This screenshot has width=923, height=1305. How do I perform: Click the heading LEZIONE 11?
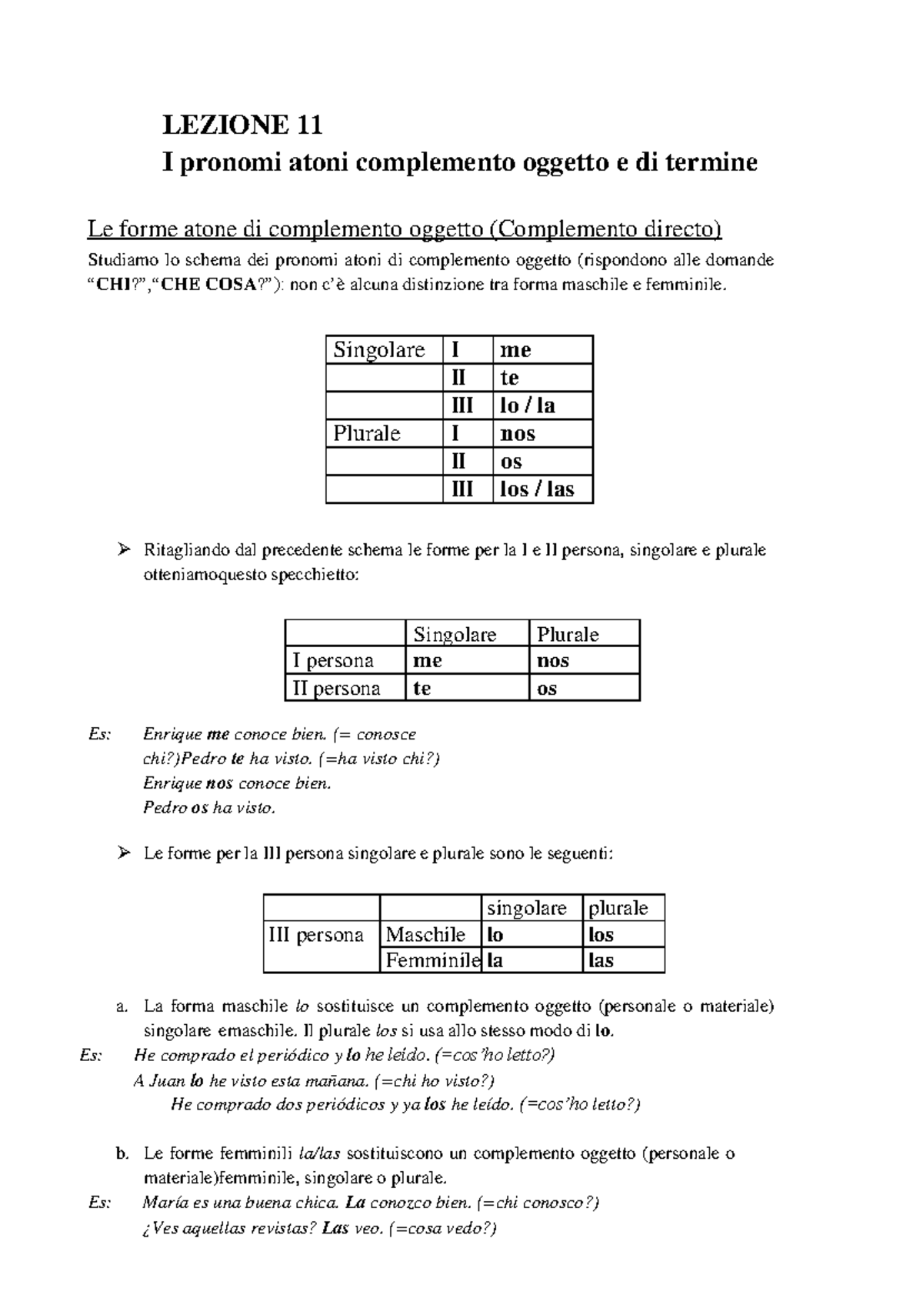coord(242,124)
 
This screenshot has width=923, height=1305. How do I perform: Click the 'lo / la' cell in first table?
coord(527,406)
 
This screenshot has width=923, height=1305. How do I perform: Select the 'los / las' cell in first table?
coord(536,489)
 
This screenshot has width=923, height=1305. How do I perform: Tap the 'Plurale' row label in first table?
coord(367,433)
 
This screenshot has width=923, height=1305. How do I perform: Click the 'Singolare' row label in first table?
coord(379,350)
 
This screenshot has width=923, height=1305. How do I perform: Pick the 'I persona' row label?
coord(333,661)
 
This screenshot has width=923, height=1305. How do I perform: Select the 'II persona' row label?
coord(336,688)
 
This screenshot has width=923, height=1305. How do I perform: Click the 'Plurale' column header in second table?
coord(568,634)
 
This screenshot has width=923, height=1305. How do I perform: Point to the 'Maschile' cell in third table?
coord(425,935)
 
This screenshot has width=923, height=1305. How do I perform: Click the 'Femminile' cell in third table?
coord(430,960)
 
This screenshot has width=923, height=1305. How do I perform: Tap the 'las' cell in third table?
coord(601,960)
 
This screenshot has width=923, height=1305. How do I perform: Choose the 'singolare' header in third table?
coord(527,908)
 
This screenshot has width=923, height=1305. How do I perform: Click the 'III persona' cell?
coord(316,935)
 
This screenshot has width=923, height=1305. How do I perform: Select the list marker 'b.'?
coord(121,1153)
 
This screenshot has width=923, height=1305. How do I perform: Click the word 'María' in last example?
coord(163,1203)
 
